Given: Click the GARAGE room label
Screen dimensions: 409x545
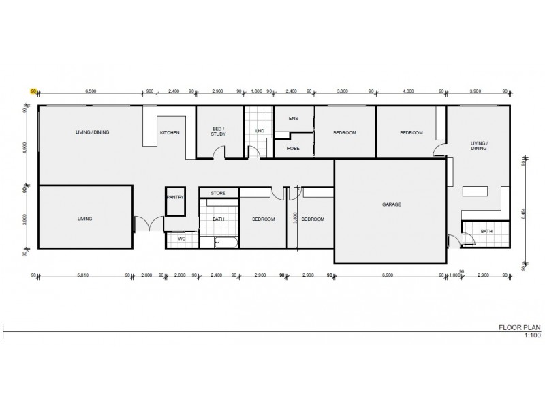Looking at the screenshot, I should click(390, 204).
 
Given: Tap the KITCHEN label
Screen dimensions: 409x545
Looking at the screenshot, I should click(170, 132).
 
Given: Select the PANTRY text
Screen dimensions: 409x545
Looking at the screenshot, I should click(175, 198).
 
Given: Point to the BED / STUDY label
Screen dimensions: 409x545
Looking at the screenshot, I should click(218, 132).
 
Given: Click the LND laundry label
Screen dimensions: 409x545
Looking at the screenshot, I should click(260, 130).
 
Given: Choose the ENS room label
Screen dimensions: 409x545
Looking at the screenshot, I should click(294, 119).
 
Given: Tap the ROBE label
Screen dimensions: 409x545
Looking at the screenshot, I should click(294, 148).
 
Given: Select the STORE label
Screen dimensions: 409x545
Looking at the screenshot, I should click(218, 194).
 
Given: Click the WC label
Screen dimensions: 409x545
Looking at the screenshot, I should click(181, 239).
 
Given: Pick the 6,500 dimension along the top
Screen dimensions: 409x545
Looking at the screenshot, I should click(91, 91).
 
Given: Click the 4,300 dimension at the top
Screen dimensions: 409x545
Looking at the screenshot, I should click(408, 91).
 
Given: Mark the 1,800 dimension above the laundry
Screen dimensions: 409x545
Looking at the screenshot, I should click(257, 91).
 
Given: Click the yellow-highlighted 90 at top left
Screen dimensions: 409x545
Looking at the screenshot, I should click(32, 91).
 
